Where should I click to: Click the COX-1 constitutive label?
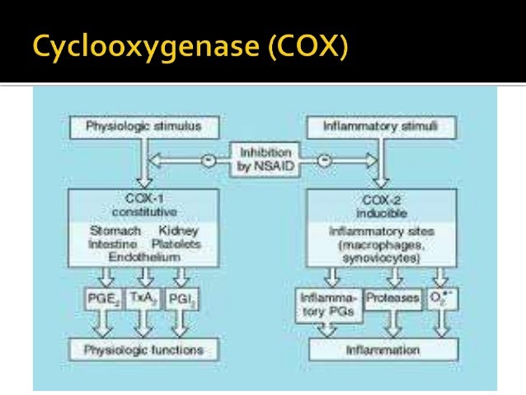click(143, 204)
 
